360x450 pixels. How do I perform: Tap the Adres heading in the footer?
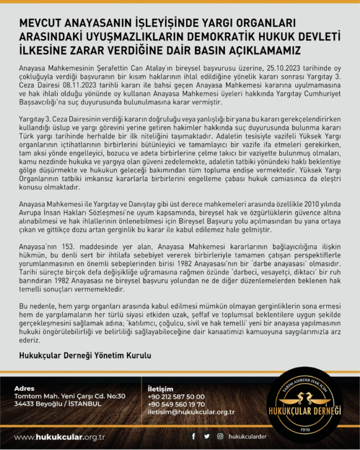tap(24, 389)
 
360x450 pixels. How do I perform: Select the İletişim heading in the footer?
tap(161, 389)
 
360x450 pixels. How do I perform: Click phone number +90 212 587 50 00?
tap(176, 396)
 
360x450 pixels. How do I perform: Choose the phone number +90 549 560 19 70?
tap(176, 404)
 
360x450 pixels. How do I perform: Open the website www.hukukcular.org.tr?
tap(60, 437)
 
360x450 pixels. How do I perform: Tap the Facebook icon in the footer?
tap(193, 436)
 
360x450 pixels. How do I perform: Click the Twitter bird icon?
tap(207, 436)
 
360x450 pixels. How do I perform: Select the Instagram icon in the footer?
tap(220, 436)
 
